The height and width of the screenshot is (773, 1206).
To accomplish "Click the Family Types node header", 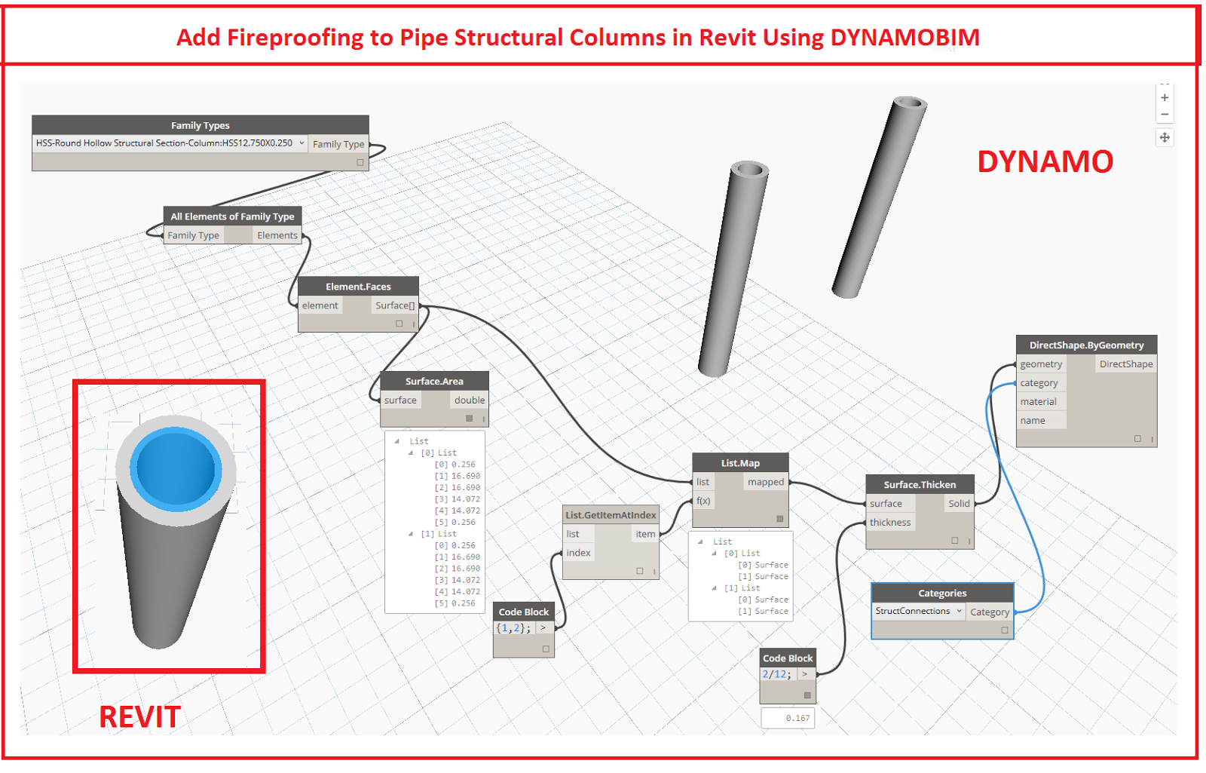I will pos(200,125).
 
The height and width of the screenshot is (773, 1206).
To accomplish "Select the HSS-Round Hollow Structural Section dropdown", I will pos(170,143).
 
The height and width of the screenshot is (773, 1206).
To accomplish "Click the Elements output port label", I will pos(277,235).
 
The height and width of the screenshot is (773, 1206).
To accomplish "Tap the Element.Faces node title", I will pos(358,287).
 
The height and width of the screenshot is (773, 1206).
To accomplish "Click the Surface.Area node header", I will pos(434,382).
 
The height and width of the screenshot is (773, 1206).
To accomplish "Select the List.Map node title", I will pos(740,463).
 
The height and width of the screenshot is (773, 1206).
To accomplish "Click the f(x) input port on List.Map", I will pos(703,501).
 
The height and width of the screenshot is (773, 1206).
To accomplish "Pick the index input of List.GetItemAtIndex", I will pos(579,553).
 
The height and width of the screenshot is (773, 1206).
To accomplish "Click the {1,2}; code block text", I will pos(513,628).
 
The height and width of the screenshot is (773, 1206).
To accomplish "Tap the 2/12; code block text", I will pos(777,674).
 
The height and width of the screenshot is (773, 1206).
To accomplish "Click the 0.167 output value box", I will pos(788,718).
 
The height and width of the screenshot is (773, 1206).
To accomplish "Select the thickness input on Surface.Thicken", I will pos(890,523).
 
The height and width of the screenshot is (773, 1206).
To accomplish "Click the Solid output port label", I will pos(959,504).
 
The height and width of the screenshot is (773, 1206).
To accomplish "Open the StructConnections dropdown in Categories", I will pos(919,612).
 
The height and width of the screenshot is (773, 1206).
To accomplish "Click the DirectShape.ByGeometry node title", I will pos(1086,345).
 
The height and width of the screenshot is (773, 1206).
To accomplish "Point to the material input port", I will pos(1039,402).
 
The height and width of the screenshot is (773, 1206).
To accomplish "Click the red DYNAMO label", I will pos(1045,162).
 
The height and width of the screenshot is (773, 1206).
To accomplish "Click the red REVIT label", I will pos(140,717).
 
